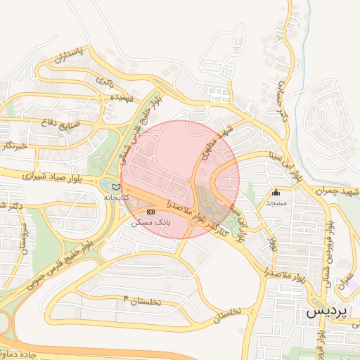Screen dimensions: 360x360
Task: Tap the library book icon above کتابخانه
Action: [116, 187]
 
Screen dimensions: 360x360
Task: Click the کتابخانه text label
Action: [117, 198]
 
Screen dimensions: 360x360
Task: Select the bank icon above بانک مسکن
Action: [150, 212]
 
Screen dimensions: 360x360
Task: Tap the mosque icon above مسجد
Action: [276, 193]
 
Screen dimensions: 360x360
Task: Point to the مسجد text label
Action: [276, 202]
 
